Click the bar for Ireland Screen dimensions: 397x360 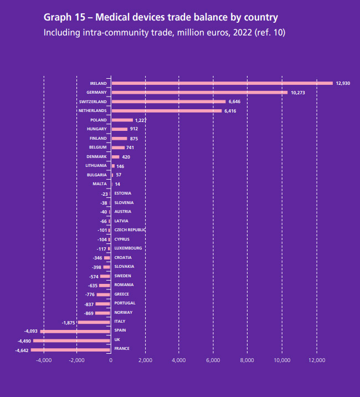[x=222, y=83]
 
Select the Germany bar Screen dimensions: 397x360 [x=199, y=93]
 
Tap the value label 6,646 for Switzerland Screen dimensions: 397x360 [x=234, y=102]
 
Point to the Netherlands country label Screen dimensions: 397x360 [x=92, y=111]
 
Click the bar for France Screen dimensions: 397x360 [x=70, y=350]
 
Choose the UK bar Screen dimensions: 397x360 [x=72, y=340]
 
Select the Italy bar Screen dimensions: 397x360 [x=94, y=322]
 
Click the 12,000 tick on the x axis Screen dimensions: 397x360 [x=316, y=360]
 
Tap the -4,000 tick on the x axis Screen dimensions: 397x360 [x=43, y=360]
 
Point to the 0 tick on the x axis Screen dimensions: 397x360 [x=111, y=360]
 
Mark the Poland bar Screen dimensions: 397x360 [x=122, y=120]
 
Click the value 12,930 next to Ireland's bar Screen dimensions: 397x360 [x=343, y=83]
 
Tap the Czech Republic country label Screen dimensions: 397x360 [x=130, y=230]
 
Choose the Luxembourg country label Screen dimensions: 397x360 [x=128, y=248]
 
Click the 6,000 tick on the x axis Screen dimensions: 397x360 [x=213, y=360]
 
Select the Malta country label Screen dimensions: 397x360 [x=100, y=184]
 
